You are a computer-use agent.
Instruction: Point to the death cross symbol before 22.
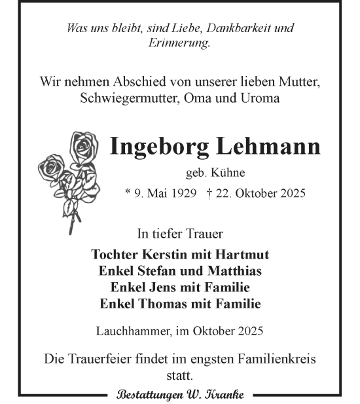click(x=208, y=193)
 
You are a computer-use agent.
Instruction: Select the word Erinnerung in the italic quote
click(x=180, y=43)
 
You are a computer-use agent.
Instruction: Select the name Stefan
click(x=153, y=271)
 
